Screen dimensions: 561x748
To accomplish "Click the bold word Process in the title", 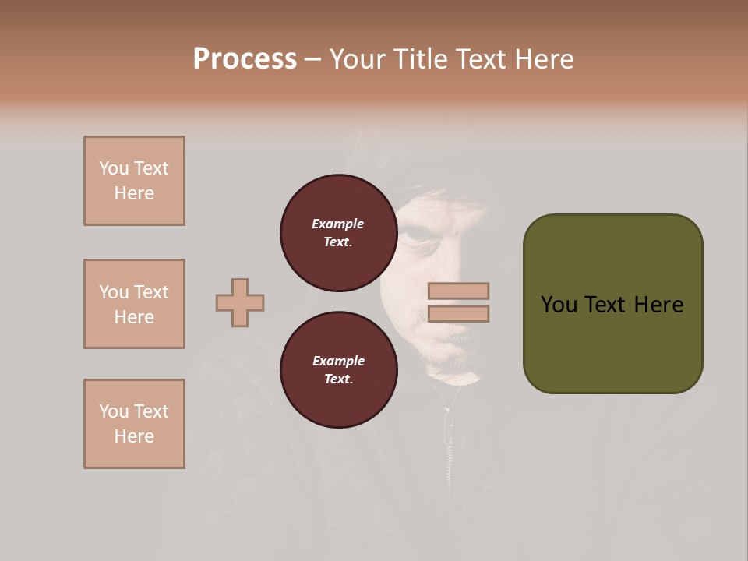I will tap(245, 59).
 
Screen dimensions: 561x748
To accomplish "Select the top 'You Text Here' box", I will tap(134, 181).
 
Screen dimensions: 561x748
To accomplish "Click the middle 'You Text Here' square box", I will tap(134, 304).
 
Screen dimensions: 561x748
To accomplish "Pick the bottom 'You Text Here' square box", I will tap(134, 424).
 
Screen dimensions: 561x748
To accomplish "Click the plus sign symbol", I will tap(240, 302).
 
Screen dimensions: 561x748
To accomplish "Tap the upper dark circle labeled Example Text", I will tap(338, 233).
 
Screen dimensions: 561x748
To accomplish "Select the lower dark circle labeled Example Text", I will tap(338, 369).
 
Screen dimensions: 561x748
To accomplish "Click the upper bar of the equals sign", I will tap(458, 291).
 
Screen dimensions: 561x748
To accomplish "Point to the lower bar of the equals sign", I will tap(458, 313).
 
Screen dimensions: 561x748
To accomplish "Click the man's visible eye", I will tap(411, 232).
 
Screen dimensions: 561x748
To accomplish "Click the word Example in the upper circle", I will tap(338, 224).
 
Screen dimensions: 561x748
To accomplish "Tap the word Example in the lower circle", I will tap(338, 361).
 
